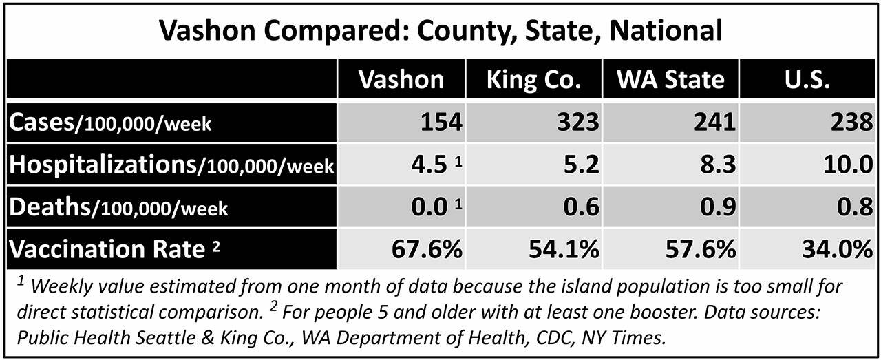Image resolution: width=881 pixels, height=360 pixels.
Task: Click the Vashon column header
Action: click(401, 79)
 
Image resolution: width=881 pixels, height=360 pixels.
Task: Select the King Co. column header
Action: click(533, 79)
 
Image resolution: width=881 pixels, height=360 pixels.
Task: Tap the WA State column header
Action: click(670, 79)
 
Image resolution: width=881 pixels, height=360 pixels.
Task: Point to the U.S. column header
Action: click(807, 79)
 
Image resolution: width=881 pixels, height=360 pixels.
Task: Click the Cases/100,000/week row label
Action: click(110, 123)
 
